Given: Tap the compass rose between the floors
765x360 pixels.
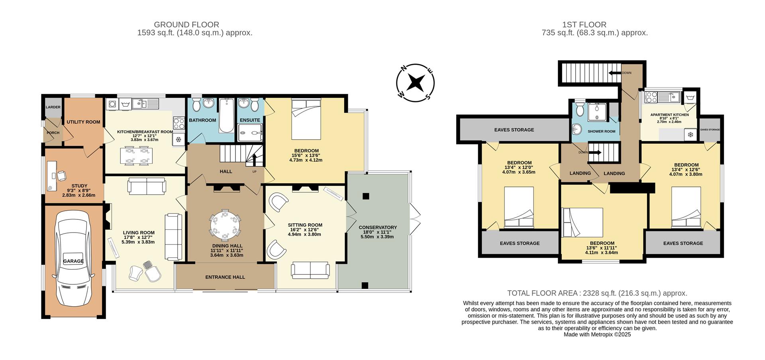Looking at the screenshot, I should pos(415,83).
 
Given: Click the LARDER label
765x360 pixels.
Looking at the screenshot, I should pos(53,107).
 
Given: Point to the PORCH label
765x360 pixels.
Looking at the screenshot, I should pos(53,133).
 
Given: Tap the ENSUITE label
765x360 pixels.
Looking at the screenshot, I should pos(250,120).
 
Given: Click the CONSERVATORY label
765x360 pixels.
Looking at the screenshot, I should pos(378,227).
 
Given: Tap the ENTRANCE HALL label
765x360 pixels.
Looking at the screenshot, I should pos(225,277).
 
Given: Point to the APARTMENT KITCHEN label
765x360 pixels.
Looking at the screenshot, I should pos(669,115).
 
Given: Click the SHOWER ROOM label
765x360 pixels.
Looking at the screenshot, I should pos(601,131).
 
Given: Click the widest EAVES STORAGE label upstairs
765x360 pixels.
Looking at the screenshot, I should pos(514,130).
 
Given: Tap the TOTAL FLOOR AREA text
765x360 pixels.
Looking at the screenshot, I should pos(597,293).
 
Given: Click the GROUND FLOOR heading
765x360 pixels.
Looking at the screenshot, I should pos(186,25).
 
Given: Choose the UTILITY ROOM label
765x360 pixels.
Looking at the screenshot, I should pos(83,122).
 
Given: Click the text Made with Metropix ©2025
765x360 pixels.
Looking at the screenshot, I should pos(597,335).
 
